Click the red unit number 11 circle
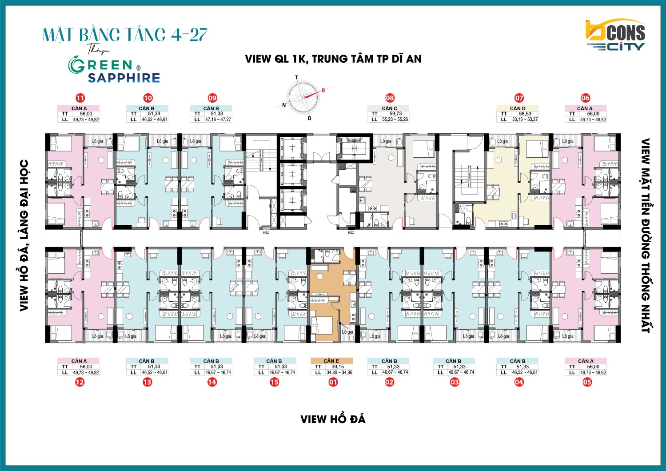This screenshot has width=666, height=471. point(80,98)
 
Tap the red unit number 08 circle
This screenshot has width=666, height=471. point(390,98)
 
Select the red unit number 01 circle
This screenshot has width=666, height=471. point(333,382)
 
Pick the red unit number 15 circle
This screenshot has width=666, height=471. point(275,382)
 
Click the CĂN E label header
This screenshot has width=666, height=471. point(331,361)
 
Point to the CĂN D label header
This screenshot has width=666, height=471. point(517,108)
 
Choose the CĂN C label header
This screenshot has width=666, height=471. point(390,108)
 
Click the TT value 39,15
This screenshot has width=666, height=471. point(338,367)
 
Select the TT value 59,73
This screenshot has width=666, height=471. point(395,114)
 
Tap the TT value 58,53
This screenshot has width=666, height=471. point(525,114)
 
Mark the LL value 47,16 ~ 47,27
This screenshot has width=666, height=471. point(218,120)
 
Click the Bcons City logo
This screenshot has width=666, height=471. point(615,35)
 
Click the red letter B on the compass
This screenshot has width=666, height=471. point(323,91)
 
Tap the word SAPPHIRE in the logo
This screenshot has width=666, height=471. point(124,78)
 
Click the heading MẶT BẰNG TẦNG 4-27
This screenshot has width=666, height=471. point(125,35)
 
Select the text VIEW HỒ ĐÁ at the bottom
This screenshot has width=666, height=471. point(333,419)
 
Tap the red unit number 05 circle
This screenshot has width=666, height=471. point(587,382)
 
